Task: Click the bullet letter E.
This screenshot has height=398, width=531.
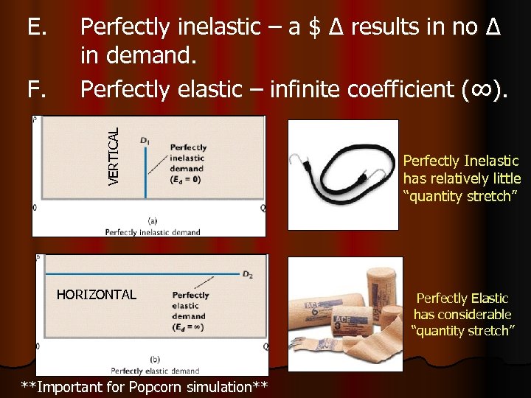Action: pyautogui.click(x=37, y=27)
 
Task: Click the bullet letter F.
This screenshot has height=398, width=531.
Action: pyautogui.click(x=37, y=90)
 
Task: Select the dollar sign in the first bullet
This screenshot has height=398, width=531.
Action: pyautogui.click(x=315, y=27)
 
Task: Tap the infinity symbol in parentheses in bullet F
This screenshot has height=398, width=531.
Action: pyautogui.click(x=482, y=90)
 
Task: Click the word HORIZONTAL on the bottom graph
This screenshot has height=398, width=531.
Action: pyautogui.click(x=96, y=295)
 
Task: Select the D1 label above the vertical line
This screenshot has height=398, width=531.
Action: pyautogui.click(x=145, y=139)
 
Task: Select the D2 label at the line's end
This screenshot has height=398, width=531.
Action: pyautogui.click(x=248, y=274)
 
